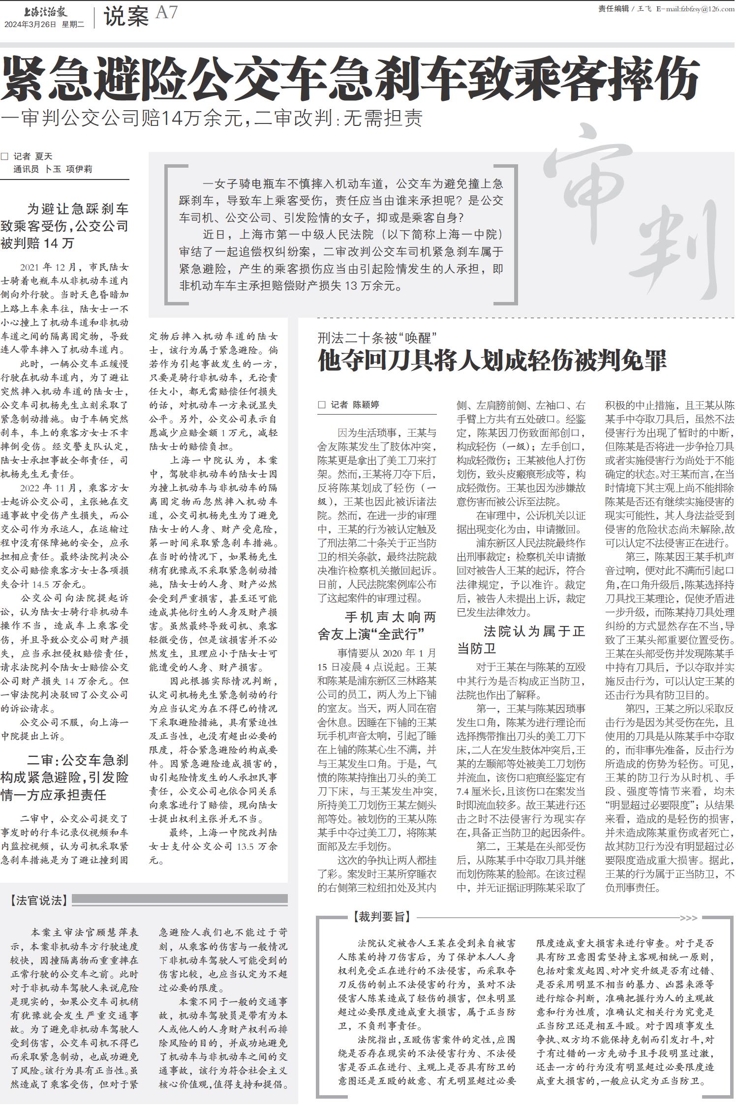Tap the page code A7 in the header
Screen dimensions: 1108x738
[x=166, y=12]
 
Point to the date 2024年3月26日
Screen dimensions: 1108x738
[x=31, y=24]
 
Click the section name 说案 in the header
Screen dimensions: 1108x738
[x=126, y=18]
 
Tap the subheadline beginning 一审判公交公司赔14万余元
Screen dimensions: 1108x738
[x=212, y=119]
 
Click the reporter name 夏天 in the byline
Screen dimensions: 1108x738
[x=43, y=156]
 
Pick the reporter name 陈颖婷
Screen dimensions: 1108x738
[x=366, y=405]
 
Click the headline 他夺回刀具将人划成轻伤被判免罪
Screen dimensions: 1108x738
[x=492, y=361]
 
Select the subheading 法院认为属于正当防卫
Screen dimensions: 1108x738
[x=521, y=640]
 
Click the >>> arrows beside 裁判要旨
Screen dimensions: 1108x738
[x=688, y=918]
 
